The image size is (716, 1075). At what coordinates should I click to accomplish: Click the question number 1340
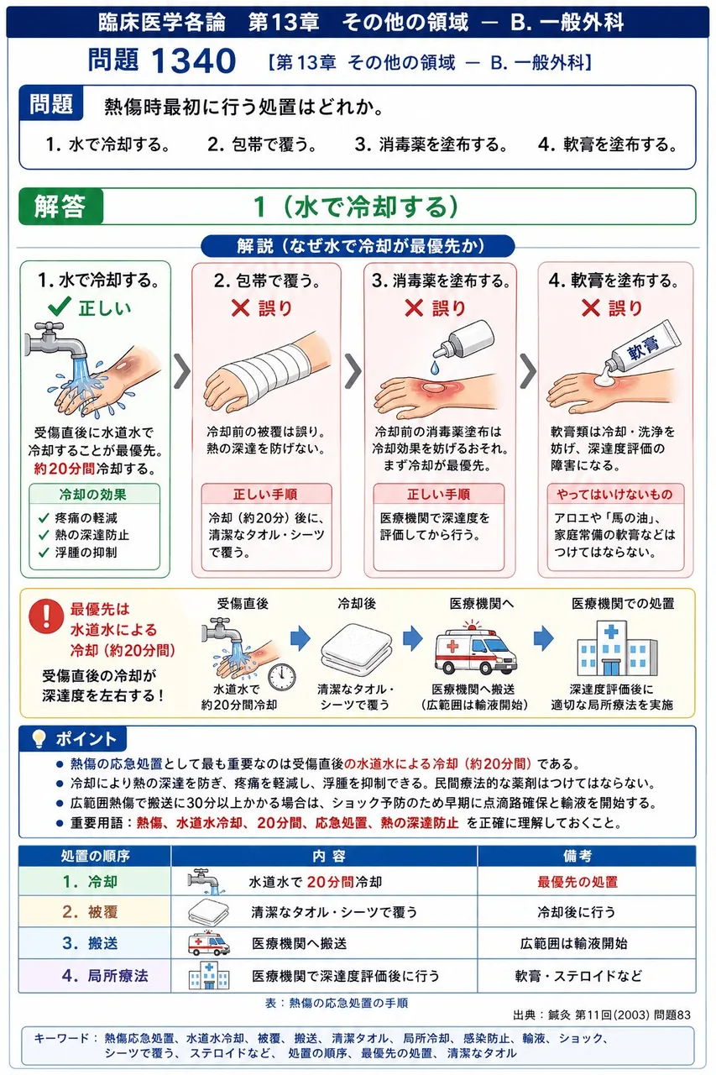click(x=193, y=61)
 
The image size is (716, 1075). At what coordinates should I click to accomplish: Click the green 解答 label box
click(x=61, y=207)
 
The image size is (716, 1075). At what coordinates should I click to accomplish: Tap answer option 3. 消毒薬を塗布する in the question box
click(x=431, y=144)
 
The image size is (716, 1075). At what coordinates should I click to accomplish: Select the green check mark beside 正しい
click(x=60, y=307)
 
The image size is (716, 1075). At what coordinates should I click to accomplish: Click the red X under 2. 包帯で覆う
click(x=240, y=308)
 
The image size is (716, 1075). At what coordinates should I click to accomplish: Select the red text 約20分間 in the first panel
click(x=65, y=469)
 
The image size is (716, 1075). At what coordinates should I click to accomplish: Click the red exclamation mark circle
click(x=46, y=616)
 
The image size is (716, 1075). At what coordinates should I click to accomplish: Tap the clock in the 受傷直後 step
click(x=281, y=677)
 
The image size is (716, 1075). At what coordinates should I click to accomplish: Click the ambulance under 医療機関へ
click(x=476, y=648)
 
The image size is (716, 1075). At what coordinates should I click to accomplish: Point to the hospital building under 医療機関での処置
click(x=617, y=648)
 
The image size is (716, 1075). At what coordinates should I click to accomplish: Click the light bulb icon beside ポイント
click(x=39, y=738)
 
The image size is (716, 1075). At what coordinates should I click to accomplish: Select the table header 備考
click(x=578, y=856)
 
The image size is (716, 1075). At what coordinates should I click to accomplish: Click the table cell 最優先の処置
click(x=578, y=882)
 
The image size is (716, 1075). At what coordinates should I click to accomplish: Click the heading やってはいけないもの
click(x=614, y=494)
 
